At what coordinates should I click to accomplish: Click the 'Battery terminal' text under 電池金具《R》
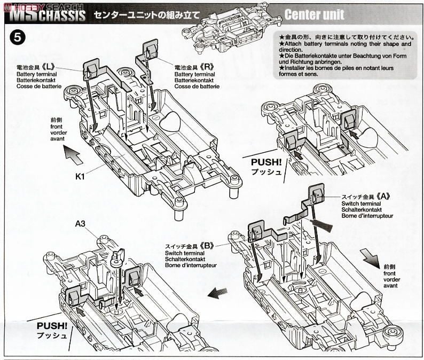(193, 74)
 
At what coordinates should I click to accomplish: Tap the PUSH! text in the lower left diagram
(51, 325)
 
